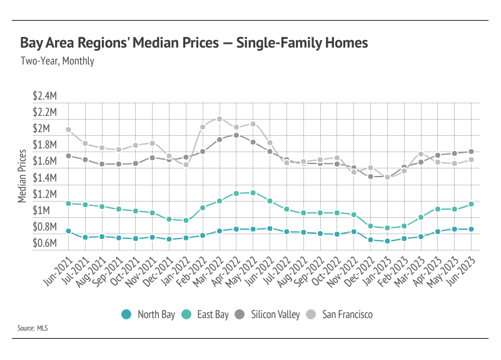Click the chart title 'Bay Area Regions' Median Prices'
[x=194, y=43]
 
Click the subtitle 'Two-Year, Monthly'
[x=58, y=61]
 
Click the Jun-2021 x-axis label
[x=56, y=265]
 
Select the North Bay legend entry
[x=148, y=314]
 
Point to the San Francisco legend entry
[x=340, y=314]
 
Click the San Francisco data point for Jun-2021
[x=68, y=130]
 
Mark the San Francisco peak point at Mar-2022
[x=220, y=118]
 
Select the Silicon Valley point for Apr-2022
[x=236, y=135]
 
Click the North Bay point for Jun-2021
[x=68, y=231]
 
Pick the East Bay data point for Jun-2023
[x=471, y=204]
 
